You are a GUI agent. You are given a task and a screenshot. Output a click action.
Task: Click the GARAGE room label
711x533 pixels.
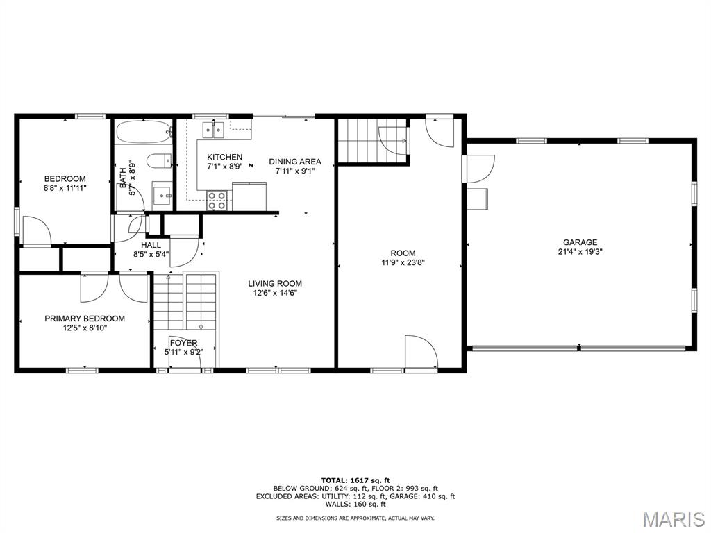580,242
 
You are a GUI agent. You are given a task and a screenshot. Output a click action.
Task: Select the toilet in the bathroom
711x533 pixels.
159,161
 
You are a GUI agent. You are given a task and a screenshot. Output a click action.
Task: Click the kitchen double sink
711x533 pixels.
214,130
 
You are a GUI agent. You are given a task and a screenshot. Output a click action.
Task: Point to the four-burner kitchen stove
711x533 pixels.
217,201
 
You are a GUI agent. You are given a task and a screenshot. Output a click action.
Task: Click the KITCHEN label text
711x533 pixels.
224,158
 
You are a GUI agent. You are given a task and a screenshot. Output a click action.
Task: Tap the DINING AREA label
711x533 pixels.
295,162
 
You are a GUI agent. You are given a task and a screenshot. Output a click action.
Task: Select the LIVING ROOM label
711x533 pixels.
275,284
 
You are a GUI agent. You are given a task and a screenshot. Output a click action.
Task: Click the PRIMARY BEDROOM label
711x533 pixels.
85,319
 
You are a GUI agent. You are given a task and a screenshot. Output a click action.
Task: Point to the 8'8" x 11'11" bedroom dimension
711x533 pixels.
65,187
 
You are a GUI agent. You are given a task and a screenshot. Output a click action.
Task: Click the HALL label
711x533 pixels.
151,245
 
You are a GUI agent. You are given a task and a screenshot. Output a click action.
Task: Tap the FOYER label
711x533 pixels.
183,343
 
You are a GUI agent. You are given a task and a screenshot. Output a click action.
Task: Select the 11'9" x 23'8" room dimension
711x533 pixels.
403,262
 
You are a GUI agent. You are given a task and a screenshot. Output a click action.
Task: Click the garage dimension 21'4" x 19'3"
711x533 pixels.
580,251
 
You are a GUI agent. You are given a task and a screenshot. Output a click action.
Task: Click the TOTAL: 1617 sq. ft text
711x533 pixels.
355,480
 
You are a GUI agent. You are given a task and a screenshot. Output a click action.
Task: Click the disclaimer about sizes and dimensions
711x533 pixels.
355,518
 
